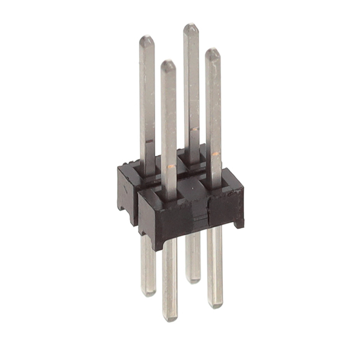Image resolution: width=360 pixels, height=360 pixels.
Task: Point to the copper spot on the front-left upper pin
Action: point(170,165)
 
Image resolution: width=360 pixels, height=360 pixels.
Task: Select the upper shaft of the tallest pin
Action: point(191,84)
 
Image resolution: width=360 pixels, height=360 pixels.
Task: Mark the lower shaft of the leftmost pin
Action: point(148,264)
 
